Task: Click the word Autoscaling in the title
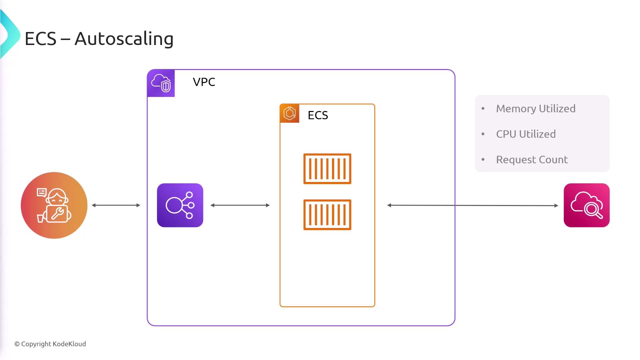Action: pos(124,39)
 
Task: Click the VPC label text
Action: pos(204,82)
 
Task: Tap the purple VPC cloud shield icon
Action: pos(161,83)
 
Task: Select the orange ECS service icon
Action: pos(290,113)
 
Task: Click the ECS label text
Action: pos(318,115)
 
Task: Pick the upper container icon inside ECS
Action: pos(327,169)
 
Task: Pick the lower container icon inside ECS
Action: pos(327,215)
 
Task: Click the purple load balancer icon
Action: pos(180,205)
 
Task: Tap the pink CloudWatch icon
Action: pos(587,205)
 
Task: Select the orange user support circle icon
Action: pos(54,205)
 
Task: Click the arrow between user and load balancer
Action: pos(116,205)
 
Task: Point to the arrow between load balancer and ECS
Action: pos(240,205)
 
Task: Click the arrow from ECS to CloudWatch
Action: pos(472,205)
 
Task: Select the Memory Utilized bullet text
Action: pos(536,109)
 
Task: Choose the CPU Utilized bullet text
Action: pos(526,134)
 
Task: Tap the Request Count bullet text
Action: pos(532,160)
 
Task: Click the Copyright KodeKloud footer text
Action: pos(50,344)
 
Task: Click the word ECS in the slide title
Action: pos(40,39)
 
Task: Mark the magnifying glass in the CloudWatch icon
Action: pos(593,210)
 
